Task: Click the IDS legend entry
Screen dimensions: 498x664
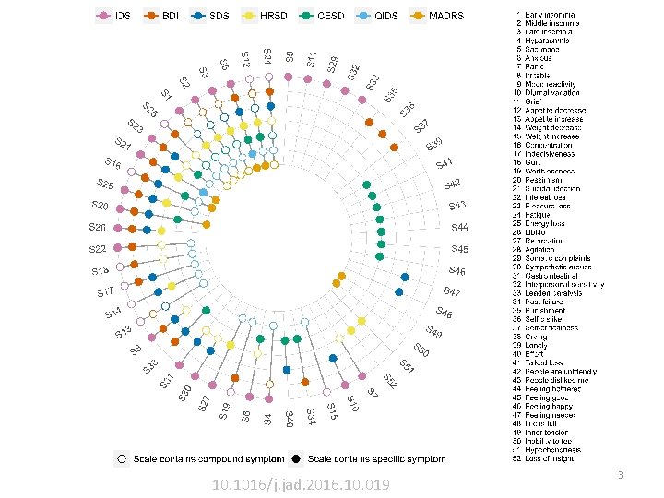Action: (x=113, y=17)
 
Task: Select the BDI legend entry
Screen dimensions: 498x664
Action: (x=162, y=17)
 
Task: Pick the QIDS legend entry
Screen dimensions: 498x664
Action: (x=379, y=17)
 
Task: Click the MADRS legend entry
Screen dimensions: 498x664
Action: (x=437, y=17)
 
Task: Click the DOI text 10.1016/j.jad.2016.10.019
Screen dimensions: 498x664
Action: (x=301, y=485)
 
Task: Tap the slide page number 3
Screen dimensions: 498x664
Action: (x=621, y=475)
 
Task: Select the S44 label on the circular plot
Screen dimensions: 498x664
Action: (x=459, y=227)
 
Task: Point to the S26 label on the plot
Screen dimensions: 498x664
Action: (x=98, y=227)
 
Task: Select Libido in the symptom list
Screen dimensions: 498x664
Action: (x=536, y=231)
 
